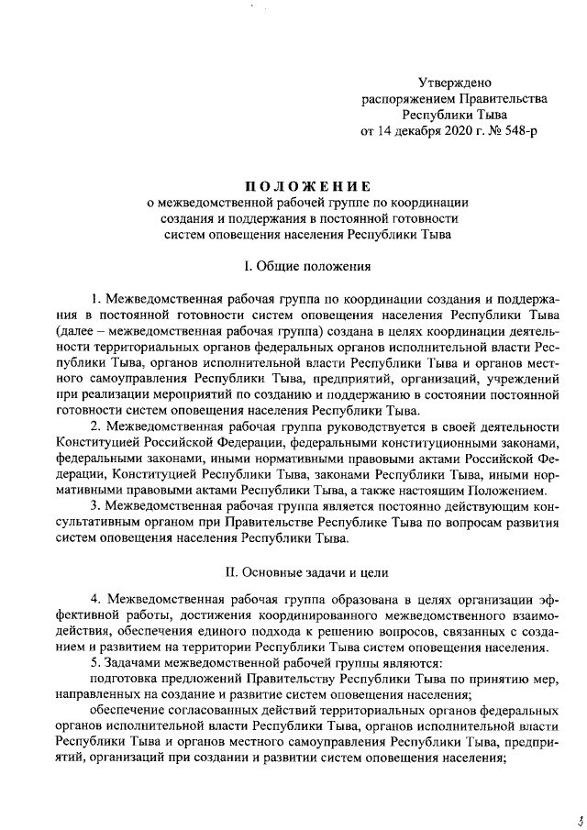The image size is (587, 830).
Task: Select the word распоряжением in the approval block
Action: point(404,98)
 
